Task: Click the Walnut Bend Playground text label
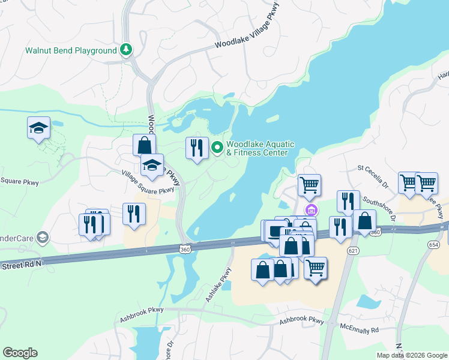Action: pos(71,50)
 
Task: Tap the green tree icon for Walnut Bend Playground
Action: pos(127,50)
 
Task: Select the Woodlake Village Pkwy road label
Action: pos(248,29)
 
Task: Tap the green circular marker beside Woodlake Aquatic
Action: pos(217,146)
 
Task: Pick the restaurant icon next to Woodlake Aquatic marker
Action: pos(197,148)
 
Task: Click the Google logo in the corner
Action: pos(20,353)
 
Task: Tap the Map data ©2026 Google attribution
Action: pos(412,355)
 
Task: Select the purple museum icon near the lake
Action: pos(311,209)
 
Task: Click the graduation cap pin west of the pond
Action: pos(38,128)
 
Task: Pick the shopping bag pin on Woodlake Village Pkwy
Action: pos(144,145)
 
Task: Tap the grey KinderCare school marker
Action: pos(41,238)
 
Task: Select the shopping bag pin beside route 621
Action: pos(364,220)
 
